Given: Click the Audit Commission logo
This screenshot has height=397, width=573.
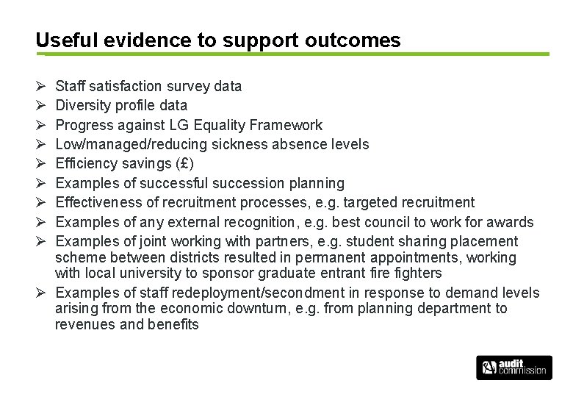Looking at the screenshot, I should [513, 367].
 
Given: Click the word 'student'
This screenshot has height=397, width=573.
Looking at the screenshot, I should [370, 241].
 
